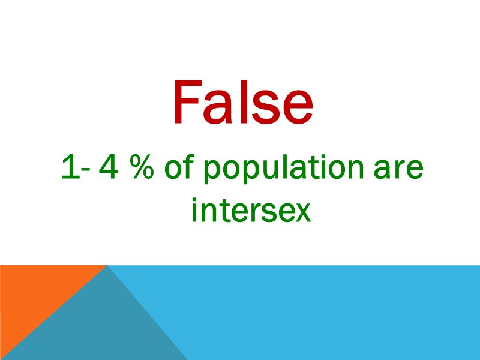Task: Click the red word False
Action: (x=242, y=103)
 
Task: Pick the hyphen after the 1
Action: (x=82, y=173)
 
